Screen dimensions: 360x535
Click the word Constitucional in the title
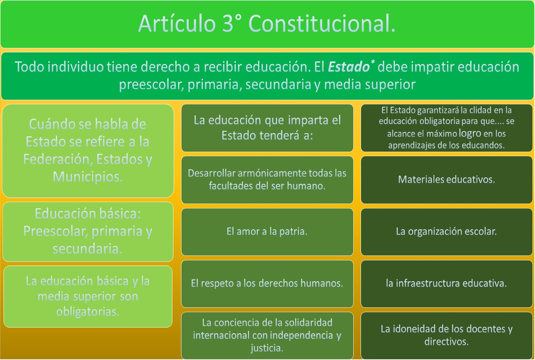pyautogui.click(x=322, y=24)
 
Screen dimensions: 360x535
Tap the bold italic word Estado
pyautogui.click(x=348, y=67)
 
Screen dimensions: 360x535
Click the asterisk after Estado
pyautogui.click(x=372, y=62)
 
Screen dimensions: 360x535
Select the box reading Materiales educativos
pyautogui.click(x=446, y=179)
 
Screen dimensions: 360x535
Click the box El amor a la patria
pyautogui.click(x=267, y=231)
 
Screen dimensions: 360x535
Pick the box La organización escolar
pyautogui.click(x=446, y=231)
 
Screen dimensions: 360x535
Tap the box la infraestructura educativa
pyautogui.click(x=446, y=283)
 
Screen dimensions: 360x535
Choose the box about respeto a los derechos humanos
pyautogui.click(x=267, y=283)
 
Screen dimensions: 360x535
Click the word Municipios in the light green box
pyautogui.click(x=88, y=176)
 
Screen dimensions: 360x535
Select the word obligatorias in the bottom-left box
pyautogui.click(x=88, y=312)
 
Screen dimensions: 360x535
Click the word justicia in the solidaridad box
pyautogui.click(x=267, y=348)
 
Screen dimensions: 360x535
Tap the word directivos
pyautogui.click(x=446, y=342)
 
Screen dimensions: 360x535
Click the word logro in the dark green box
pyautogui.click(x=470, y=133)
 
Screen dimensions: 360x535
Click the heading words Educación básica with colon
pyautogui.click(x=88, y=214)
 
